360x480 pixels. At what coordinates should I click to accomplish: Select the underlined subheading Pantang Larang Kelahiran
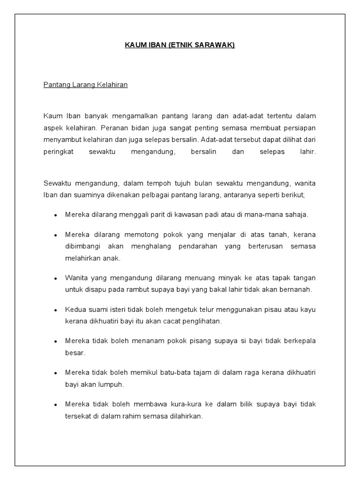pyautogui.click(x=85, y=85)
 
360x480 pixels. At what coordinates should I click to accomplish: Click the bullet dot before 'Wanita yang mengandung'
pyautogui.click(x=55, y=278)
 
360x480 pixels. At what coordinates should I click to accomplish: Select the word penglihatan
pyautogui.click(x=200, y=322)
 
